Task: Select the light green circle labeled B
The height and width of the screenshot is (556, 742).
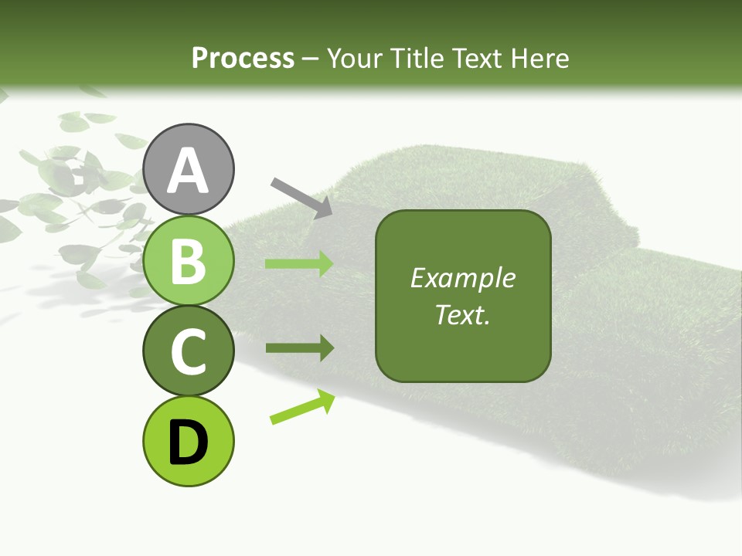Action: point(189,261)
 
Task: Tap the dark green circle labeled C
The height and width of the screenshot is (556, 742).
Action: point(189,351)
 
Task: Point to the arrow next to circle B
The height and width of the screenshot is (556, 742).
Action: point(299,264)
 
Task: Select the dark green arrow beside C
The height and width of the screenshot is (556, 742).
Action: point(299,348)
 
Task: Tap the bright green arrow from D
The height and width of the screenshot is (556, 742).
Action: point(302,407)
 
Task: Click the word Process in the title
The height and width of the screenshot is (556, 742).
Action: point(243,58)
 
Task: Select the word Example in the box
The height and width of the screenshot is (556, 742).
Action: point(462,278)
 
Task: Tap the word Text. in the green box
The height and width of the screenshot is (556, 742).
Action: point(462,314)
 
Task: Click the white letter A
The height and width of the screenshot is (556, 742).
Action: point(189,170)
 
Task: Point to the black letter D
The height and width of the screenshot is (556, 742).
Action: point(189,442)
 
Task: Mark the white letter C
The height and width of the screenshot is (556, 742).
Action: point(189,351)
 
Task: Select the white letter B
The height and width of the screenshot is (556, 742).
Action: point(189,261)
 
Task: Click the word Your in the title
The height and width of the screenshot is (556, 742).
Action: point(355,58)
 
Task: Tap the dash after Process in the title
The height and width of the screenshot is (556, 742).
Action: point(310,59)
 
